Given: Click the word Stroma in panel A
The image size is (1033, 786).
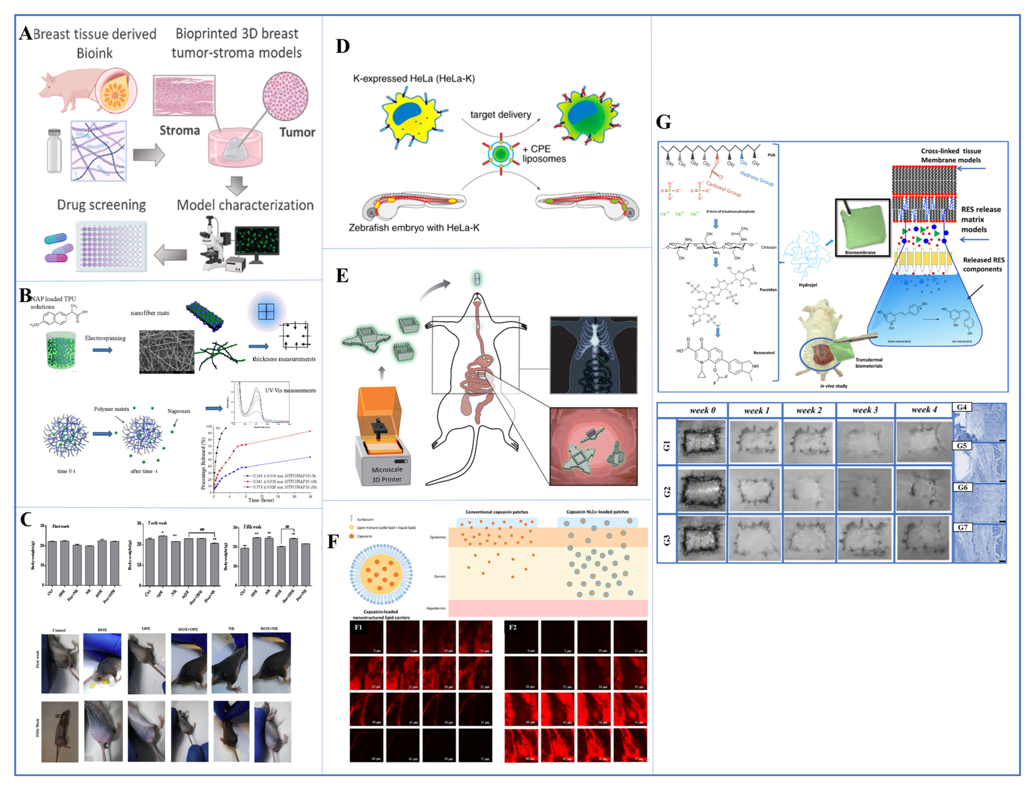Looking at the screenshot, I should point(180,131).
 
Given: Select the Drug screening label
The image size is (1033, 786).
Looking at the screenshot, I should point(101,205).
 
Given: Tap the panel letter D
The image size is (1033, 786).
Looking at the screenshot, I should point(343,46).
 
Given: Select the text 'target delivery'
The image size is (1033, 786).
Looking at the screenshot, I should point(500,115).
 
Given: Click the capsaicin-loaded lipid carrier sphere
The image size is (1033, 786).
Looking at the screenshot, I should point(381,575).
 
